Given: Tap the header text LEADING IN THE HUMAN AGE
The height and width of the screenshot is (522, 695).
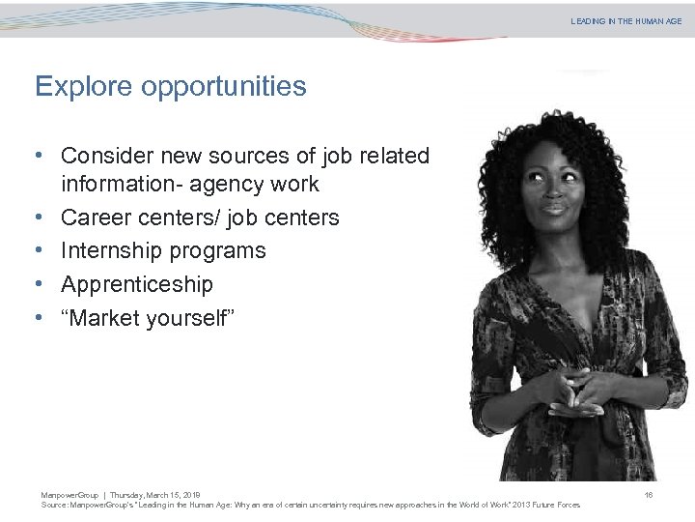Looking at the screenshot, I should coord(625,21).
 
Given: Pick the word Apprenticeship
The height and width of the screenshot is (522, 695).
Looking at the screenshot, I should coord(137,284).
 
